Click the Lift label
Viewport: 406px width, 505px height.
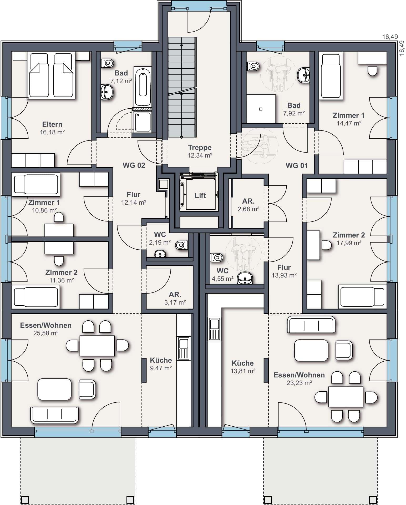tap(200, 195)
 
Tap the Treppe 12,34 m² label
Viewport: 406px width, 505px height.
tap(200, 151)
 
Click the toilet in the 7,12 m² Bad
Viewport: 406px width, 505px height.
tap(107, 63)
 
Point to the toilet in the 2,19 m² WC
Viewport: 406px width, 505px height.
tap(181, 245)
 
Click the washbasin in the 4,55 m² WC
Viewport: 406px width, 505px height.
tap(245, 278)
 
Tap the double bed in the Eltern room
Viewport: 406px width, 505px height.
tap(51, 75)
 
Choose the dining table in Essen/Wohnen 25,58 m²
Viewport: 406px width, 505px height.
tap(97, 346)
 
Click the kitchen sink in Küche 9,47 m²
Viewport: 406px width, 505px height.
tap(184, 348)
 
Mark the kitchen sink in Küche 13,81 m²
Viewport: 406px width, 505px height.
tap(215, 329)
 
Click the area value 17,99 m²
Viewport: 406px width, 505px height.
tap(349, 243)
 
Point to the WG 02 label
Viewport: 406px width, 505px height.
tap(134, 165)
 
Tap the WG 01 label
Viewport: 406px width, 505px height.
tap(297, 165)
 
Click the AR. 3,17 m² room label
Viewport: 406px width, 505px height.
tap(175, 298)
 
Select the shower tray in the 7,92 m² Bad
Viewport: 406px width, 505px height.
tap(261, 109)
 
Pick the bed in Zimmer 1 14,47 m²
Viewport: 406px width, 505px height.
tap(331, 75)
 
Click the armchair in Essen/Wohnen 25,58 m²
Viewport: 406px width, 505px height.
tap(87, 389)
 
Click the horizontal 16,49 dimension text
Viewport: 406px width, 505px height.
tap(390, 37)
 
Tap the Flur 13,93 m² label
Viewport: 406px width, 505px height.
tap(284, 271)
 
